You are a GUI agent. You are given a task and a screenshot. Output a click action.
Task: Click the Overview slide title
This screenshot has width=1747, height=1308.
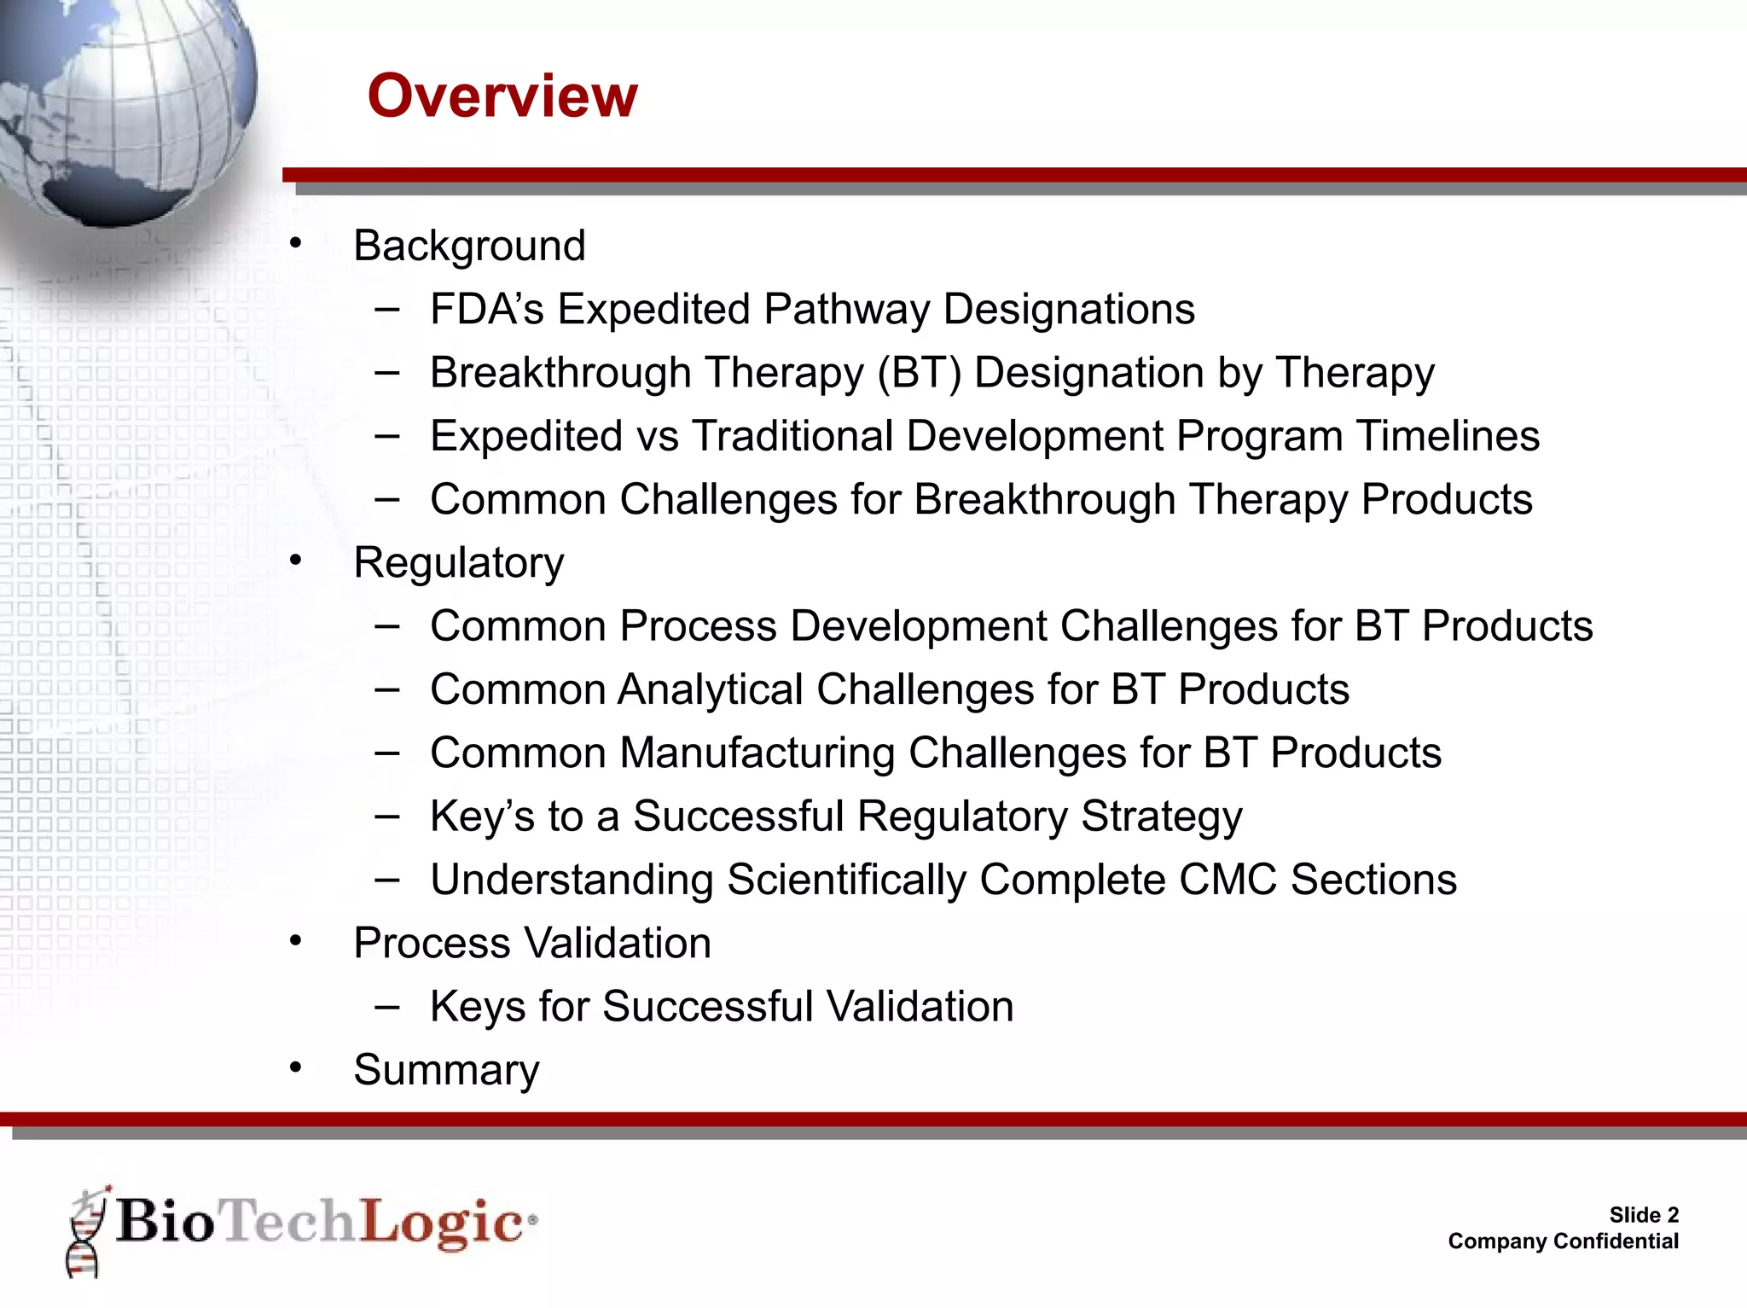502,96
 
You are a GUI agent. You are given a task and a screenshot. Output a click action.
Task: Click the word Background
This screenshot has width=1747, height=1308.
469,247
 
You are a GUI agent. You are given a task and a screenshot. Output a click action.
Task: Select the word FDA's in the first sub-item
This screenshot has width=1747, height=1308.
486,309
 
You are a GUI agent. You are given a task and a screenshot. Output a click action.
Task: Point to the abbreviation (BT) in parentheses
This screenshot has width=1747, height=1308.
920,373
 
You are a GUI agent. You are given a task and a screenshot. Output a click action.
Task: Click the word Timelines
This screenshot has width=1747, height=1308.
1448,436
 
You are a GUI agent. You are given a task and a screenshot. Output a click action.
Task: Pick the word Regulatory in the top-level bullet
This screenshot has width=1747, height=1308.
459,563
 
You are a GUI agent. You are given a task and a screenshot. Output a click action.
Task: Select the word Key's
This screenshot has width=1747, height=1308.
482,817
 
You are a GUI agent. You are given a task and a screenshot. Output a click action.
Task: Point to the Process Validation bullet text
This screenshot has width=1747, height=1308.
532,944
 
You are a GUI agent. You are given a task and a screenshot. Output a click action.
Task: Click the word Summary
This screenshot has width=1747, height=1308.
446,1070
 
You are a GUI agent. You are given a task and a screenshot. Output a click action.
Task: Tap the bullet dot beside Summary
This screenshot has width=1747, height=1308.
296,1067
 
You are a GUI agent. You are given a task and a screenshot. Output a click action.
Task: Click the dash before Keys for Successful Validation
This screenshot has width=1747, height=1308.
387,1007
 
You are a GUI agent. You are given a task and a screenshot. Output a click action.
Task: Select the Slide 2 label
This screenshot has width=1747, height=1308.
1643,1215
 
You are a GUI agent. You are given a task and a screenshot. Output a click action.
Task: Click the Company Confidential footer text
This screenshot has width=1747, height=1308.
1563,1241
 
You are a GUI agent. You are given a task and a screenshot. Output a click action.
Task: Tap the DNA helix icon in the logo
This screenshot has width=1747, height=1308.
86,1232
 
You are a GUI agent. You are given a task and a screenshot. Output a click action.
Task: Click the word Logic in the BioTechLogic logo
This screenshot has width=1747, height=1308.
441,1223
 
